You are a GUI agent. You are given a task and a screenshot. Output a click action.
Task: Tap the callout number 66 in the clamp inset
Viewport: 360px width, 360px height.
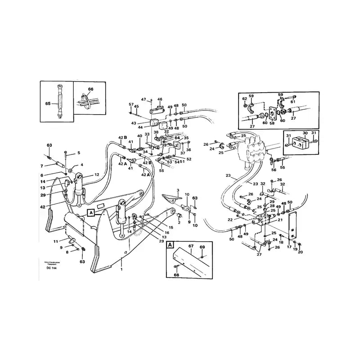pos(90,89)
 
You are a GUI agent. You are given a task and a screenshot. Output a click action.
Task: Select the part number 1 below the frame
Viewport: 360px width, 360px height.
pos(121,269)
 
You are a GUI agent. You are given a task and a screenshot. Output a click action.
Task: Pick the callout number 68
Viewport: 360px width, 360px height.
pos(176,274)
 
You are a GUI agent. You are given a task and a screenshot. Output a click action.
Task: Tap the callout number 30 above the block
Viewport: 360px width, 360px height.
pos(305,134)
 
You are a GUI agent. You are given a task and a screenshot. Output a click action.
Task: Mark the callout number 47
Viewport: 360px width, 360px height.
pos(144,99)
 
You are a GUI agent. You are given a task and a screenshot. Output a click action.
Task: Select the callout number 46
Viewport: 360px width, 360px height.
pos(159,99)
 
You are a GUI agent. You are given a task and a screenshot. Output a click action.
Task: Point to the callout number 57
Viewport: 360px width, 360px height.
pos(131,104)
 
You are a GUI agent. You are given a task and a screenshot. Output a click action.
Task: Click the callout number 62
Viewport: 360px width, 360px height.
pos(245,99)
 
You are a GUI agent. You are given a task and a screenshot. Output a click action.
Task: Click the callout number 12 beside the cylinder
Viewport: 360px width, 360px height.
pos(97,175)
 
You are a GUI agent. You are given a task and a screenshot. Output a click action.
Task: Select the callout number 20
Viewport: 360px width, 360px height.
pos(300,252)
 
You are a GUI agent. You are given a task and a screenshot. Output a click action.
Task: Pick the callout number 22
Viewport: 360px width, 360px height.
pos(230,220)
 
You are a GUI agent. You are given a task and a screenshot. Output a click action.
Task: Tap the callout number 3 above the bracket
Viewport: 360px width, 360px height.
pos(178,190)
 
